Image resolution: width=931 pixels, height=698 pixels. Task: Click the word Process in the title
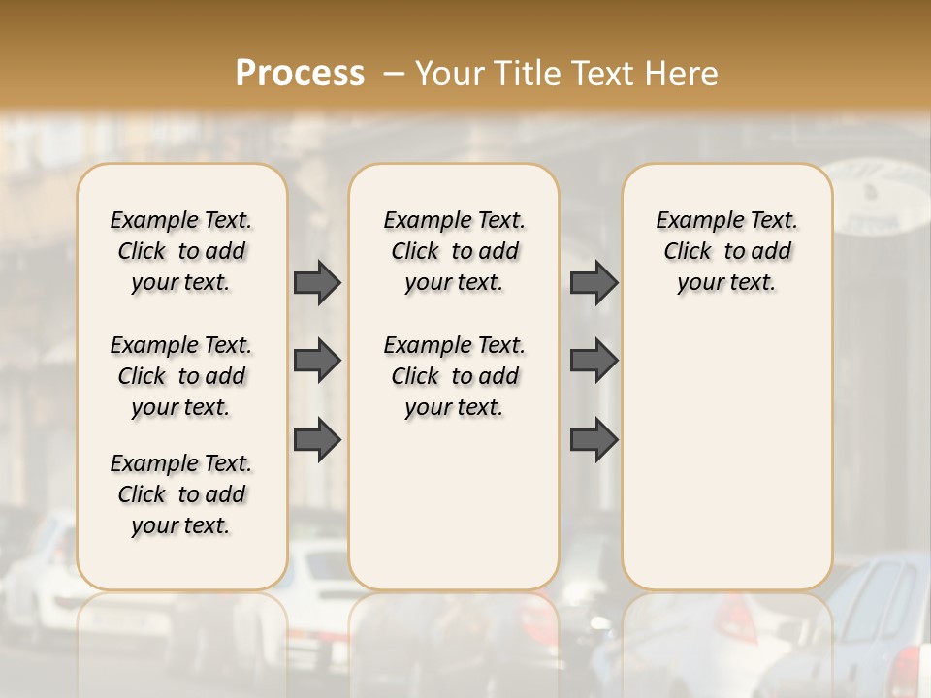(x=300, y=74)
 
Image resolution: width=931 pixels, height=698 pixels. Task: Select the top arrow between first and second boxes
(x=317, y=282)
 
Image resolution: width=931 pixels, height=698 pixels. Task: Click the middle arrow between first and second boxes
(x=317, y=361)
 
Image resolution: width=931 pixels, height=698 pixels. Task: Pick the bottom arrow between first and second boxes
(x=317, y=440)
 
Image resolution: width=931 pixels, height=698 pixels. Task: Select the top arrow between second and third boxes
(x=594, y=282)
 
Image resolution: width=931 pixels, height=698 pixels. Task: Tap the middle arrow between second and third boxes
(x=594, y=361)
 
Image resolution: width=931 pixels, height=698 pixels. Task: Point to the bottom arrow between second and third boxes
(x=594, y=440)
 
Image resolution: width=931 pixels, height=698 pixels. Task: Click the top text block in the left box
(x=181, y=251)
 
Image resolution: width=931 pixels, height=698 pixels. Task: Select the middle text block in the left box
(x=181, y=376)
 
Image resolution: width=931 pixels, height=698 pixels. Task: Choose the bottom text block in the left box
(x=181, y=494)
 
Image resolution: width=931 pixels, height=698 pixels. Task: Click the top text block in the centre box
(x=454, y=251)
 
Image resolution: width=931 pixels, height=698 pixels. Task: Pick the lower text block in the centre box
(x=454, y=376)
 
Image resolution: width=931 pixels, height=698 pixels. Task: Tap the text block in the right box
(x=726, y=251)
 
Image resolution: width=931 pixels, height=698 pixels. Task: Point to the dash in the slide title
(x=394, y=74)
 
